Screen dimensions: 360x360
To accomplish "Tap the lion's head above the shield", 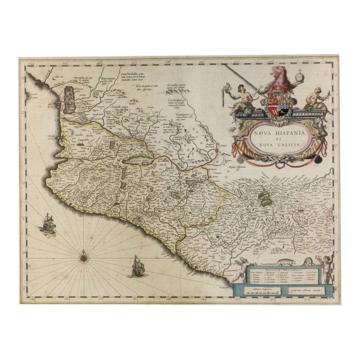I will (x=274, y=73).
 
